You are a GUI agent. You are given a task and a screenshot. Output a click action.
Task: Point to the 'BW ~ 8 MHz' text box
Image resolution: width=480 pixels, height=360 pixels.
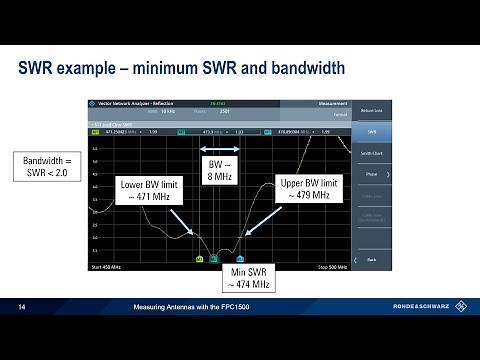(x=218, y=168)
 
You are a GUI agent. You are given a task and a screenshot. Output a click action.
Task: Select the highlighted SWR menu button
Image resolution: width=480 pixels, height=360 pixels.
(x=372, y=130)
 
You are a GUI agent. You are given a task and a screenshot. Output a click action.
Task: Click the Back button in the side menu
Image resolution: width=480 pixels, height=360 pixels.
(x=372, y=259)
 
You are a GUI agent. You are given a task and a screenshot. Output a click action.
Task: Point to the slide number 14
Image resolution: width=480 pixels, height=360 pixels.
(x=21, y=307)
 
